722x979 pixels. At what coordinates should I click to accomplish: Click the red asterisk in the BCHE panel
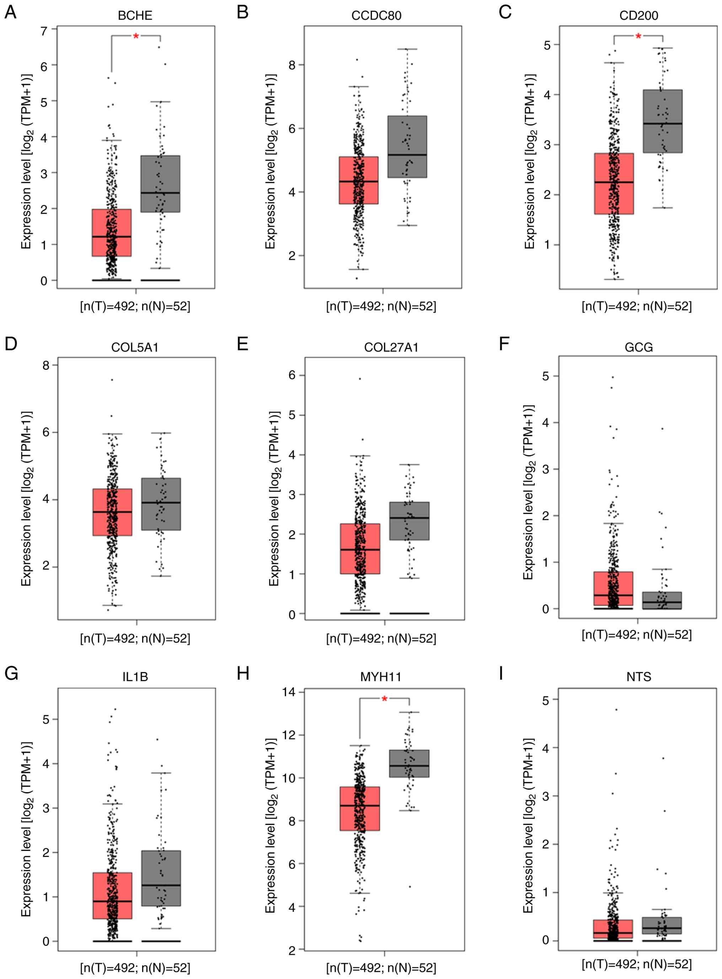click(x=136, y=37)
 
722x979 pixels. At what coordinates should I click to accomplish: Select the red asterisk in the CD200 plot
click(x=639, y=37)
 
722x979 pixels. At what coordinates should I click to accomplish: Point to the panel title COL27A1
click(x=391, y=348)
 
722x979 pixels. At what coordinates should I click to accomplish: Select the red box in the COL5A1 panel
click(x=112, y=512)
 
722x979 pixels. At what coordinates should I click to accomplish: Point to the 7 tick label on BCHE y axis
click(x=44, y=31)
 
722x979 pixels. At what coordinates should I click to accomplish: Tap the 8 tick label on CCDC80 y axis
click(x=292, y=65)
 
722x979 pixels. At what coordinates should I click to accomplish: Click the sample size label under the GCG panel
click(x=636, y=635)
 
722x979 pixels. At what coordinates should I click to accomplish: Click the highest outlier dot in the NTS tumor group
click(x=616, y=709)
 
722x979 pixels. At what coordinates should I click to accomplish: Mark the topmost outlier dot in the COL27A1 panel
click(x=360, y=379)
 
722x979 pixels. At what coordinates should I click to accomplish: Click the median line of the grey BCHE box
click(x=160, y=192)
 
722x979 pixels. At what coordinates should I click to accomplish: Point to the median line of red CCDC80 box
click(x=359, y=181)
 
